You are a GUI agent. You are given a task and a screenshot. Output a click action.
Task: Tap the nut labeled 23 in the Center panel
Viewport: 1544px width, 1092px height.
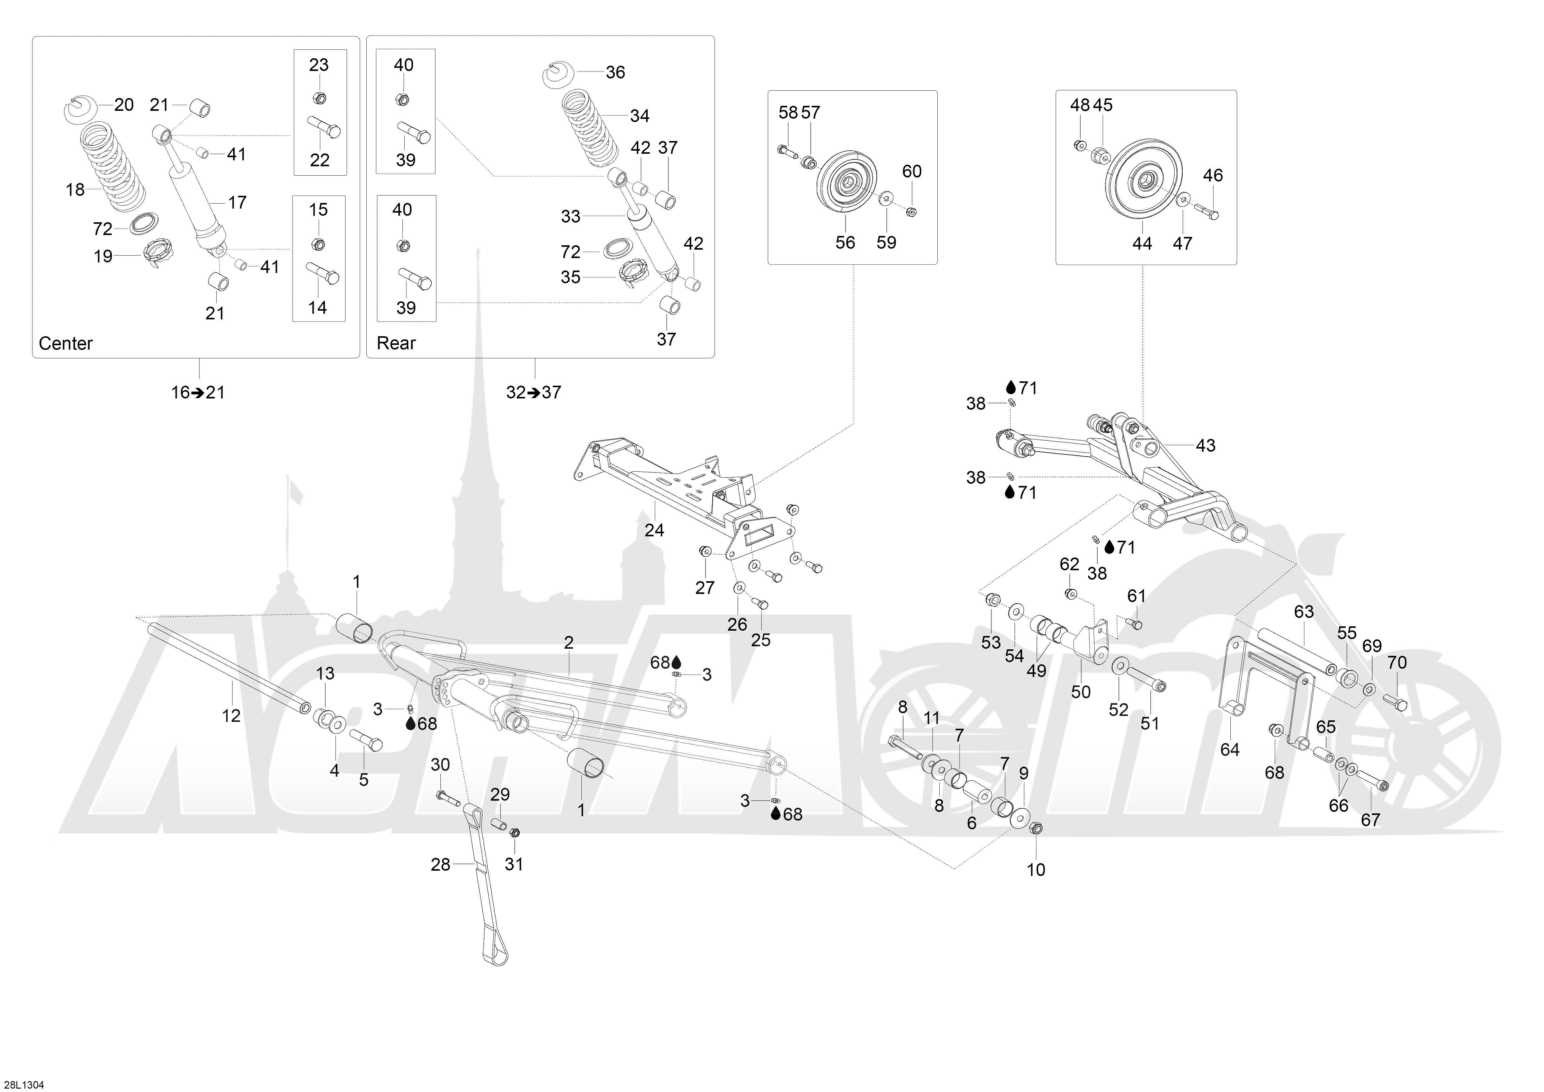point(319,98)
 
